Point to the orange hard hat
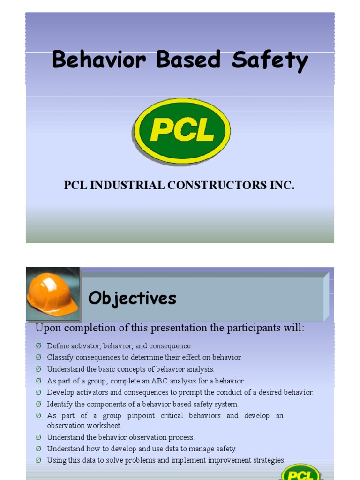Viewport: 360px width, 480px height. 52,294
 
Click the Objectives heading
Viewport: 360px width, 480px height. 132,298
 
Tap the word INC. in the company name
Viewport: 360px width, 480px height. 282,186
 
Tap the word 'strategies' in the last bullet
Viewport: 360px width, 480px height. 269,460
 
